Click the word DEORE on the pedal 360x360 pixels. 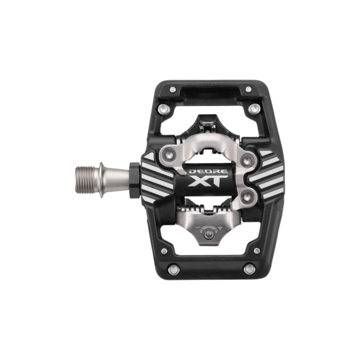point(209,171)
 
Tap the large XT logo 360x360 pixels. point(208,181)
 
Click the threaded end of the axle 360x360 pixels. point(85,180)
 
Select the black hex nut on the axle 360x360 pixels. point(134,180)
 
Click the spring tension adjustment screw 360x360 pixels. point(209,235)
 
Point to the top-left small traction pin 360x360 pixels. point(173,89)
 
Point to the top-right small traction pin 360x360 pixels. point(249,89)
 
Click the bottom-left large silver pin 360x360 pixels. point(174,270)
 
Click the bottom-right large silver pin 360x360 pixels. point(249,269)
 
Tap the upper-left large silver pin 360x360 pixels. point(164,109)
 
